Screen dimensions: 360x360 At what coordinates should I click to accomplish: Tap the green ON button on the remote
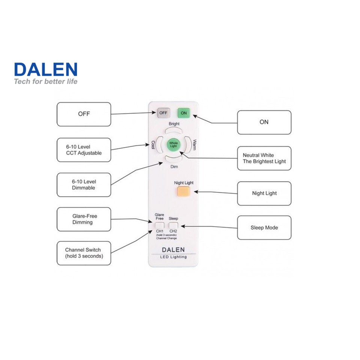183,112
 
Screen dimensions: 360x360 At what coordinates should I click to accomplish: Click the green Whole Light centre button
173,144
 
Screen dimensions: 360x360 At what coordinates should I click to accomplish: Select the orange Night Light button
183,192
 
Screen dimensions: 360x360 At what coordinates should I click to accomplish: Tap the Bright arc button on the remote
174,130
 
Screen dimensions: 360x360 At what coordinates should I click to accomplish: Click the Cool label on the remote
153,145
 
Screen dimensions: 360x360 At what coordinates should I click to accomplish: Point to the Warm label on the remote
194,145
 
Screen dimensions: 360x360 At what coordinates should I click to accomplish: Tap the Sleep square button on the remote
173,225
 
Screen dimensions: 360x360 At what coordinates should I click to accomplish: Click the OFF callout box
84,114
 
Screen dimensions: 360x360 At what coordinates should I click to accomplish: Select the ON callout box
264,122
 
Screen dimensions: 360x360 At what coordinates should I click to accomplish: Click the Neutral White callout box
264,158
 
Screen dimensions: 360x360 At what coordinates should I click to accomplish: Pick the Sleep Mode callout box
264,228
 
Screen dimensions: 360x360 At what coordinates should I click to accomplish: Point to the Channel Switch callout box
84,253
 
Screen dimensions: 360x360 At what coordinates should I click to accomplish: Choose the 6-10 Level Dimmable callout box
84,184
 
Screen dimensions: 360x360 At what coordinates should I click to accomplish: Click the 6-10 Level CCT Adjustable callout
84,150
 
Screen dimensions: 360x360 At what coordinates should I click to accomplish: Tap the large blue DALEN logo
46,70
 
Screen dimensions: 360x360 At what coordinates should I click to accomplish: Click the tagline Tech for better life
46,81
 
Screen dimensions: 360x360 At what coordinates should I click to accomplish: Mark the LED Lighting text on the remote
173,257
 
